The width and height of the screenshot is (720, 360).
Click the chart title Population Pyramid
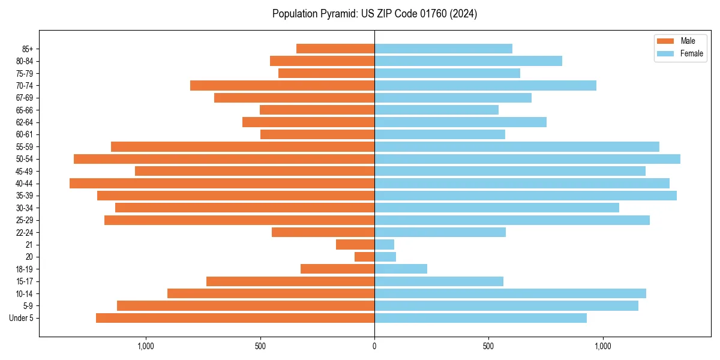374,14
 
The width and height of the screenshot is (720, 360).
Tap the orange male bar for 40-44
222,184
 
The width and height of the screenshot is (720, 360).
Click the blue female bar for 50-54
527,159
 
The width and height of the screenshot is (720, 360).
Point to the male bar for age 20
364,257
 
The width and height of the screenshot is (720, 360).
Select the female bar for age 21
384,245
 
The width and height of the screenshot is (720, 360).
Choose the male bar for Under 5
235,318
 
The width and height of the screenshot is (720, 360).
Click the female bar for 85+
443,49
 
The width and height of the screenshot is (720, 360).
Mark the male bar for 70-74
282,86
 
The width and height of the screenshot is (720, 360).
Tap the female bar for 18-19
401,269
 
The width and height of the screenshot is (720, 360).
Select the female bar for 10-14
510,293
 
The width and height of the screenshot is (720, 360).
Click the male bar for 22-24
323,232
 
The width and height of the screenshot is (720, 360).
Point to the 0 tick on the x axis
374,346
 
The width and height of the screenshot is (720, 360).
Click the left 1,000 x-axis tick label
146,346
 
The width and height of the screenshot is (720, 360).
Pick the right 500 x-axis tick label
488,346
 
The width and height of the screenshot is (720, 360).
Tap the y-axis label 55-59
25,147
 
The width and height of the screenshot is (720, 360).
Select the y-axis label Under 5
22,318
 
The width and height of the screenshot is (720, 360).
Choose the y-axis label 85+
27,49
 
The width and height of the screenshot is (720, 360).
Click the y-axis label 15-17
25,281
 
